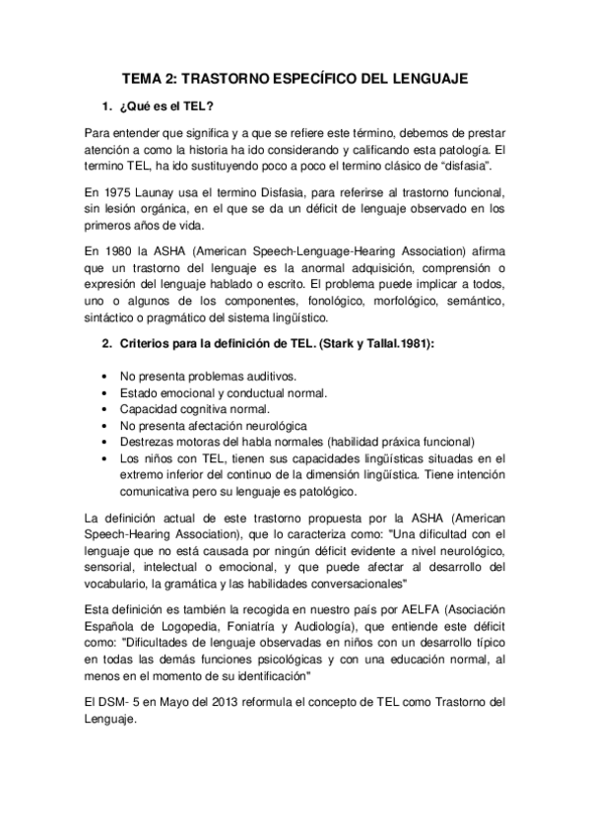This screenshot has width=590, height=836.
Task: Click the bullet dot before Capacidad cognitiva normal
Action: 105,408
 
